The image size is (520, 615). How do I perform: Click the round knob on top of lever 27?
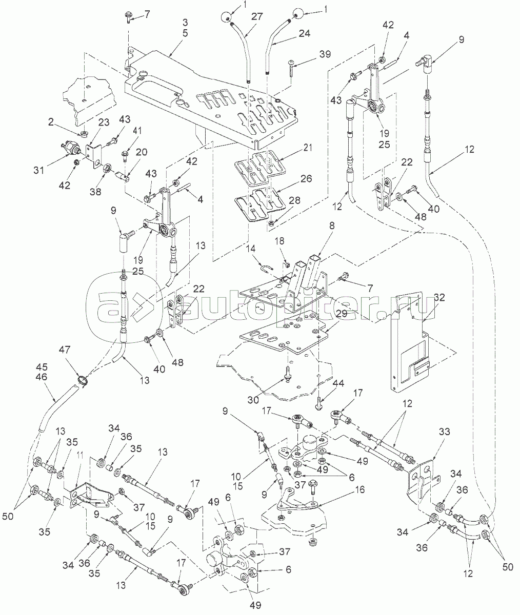coord(225,17)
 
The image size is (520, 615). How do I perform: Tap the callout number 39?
coord(325,54)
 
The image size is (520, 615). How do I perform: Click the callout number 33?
coord(444,432)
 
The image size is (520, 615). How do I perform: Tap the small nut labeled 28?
coord(270,223)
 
